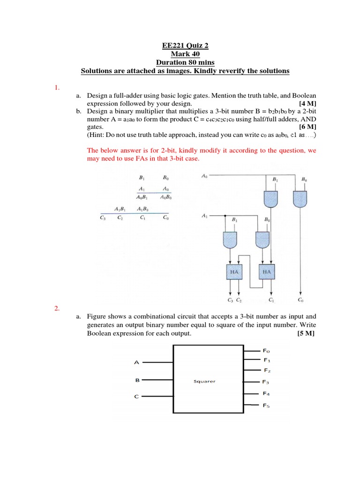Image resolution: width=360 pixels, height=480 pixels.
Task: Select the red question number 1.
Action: point(56,87)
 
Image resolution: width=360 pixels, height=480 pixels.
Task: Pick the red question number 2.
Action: point(56,308)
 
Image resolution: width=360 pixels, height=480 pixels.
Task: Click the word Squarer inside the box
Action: point(204,381)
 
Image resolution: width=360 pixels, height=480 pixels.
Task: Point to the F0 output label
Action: point(267,351)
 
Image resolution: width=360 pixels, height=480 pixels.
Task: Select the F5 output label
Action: point(266,405)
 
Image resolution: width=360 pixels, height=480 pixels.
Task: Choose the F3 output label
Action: point(266,382)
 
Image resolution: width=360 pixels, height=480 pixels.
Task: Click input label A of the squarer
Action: point(137,362)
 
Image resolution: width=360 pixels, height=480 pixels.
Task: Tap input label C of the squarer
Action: point(137,397)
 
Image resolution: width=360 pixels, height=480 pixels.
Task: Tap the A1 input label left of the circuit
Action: point(204,216)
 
